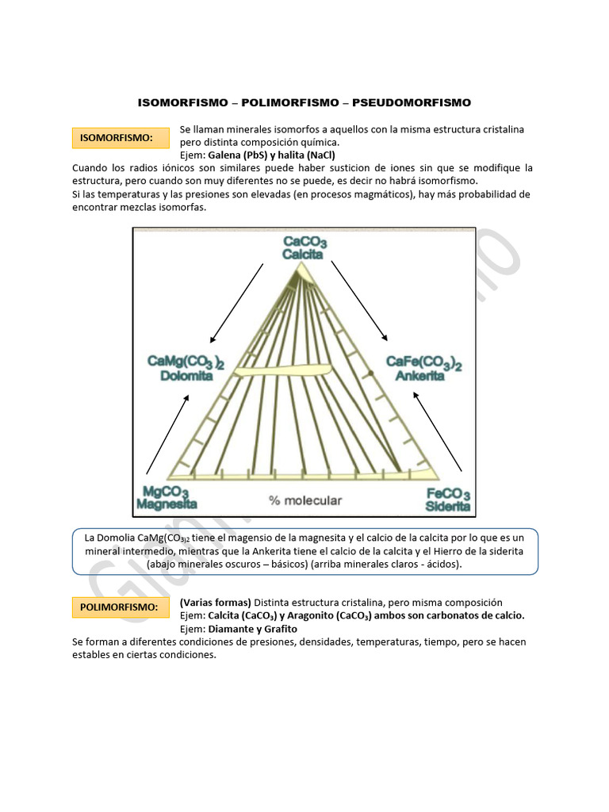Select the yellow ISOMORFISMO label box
point(121,138)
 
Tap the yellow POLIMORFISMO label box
point(121,607)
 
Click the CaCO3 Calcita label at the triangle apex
point(304,248)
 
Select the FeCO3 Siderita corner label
point(448,499)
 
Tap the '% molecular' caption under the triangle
point(305,500)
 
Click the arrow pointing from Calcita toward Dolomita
point(236,303)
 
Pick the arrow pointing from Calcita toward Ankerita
point(359,300)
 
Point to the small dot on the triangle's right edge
point(370,372)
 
